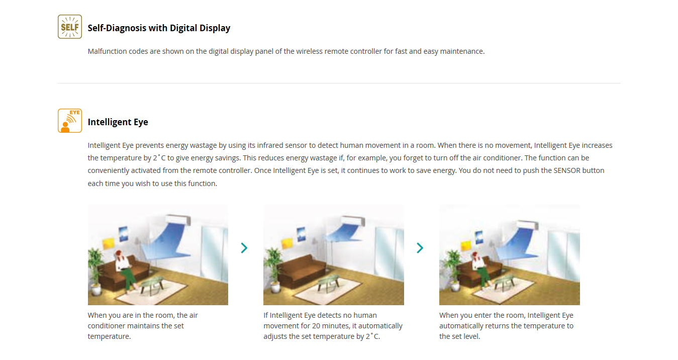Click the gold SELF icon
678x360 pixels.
tap(70, 27)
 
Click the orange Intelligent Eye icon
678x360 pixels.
tap(70, 121)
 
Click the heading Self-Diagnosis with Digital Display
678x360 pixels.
tap(159, 28)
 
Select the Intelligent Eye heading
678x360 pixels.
tap(118, 122)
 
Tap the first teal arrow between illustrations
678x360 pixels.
tap(244, 248)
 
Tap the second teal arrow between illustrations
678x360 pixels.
tap(420, 248)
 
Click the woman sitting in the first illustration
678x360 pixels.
tap(125, 269)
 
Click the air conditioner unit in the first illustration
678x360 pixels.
tap(178, 219)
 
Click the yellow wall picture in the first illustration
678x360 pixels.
tap(109, 243)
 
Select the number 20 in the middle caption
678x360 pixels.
tap(312, 326)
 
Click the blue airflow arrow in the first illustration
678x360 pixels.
tap(165, 242)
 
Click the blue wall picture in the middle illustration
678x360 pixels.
tap(301, 234)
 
